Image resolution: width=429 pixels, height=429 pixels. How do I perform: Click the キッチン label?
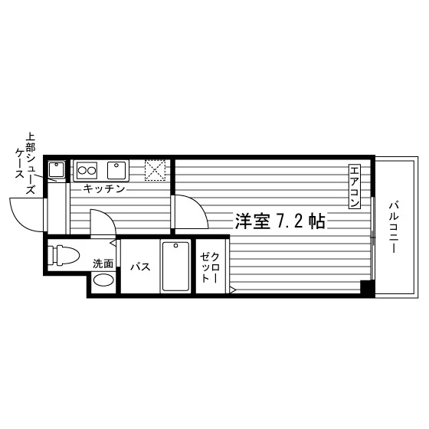click(x=104, y=188)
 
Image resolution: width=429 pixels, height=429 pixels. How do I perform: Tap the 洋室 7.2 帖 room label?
click(x=280, y=221)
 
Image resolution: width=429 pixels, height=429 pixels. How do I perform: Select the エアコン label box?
click(x=355, y=187)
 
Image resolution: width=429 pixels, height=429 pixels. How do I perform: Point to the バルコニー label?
click(x=395, y=227)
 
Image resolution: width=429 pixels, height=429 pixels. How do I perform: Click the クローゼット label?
click(x=210, y=267)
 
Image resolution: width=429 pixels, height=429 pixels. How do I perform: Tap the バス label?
click(x=141, y=267)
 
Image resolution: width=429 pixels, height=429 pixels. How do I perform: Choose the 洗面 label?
click(x=103, y=264)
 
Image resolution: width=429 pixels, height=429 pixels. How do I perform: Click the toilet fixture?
click(x=64, y=256)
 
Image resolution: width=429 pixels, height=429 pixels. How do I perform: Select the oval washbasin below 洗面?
click(x=103, y=280)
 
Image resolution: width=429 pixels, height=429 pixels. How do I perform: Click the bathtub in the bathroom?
click(x=175, y=267)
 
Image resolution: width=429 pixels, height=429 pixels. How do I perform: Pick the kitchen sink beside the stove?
click(x=116, y=170)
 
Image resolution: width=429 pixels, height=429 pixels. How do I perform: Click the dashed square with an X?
click(x=155, y=170)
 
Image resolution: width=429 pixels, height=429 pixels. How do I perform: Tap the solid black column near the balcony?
click(x=367, y=287)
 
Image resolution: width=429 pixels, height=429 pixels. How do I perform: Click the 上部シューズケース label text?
click(x=25, y=163)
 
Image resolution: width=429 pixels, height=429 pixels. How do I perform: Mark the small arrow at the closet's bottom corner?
click(x=233, y=290)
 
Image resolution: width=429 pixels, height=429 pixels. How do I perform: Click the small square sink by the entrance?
click(x=57, y=170)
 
